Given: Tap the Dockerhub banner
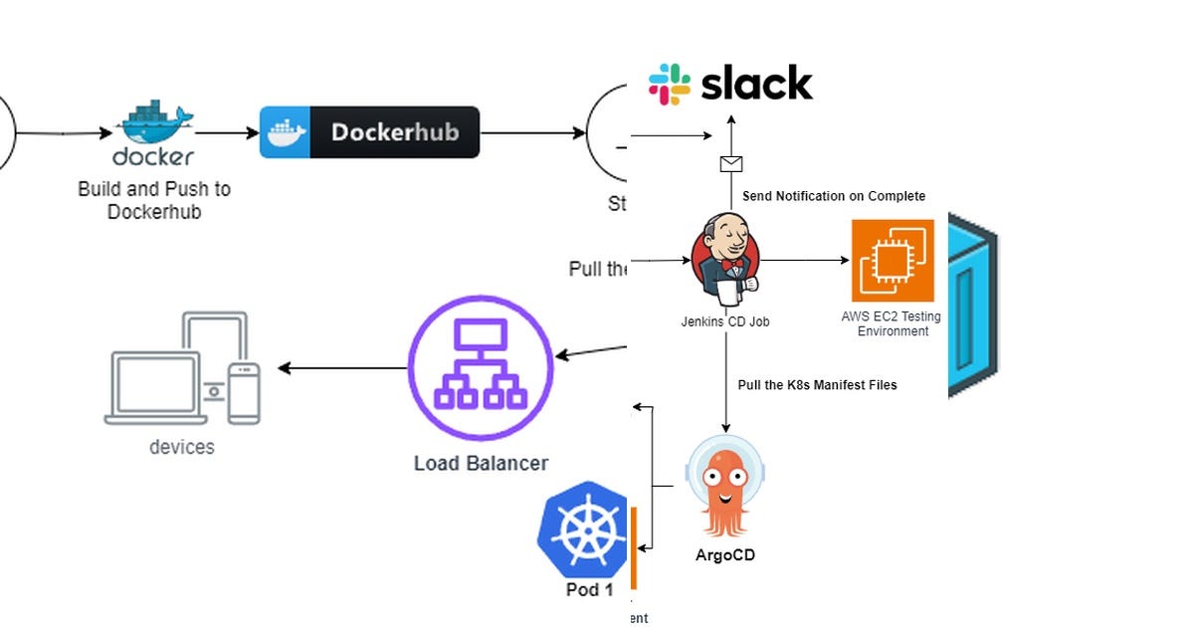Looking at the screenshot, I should click(x=369, y=132).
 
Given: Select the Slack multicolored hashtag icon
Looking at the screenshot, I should click(x=670, y=85).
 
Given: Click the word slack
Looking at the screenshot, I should click(x=757, y=85).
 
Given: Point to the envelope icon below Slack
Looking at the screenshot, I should click(x=731, y=164).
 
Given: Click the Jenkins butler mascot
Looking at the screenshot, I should click(x=725, y=257).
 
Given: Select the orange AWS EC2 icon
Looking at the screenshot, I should click(x=893, y=261).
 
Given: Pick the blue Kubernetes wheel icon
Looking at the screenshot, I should click(x=582, y=530).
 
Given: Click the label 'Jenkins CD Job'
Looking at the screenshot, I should click(x=724, y=321).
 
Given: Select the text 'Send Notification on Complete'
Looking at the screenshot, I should click(x=834, y=196).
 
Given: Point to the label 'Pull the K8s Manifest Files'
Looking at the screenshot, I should click(x=817, y=385).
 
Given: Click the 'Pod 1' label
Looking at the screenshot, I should click(x=589, y=590).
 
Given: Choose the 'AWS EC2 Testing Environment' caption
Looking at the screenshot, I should click(x=892, y=323).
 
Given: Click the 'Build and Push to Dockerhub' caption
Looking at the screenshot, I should click(x=154, y=200).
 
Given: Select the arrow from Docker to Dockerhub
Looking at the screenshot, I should click(x=227, y=132).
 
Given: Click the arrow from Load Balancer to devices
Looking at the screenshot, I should click(x=343, y=368).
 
